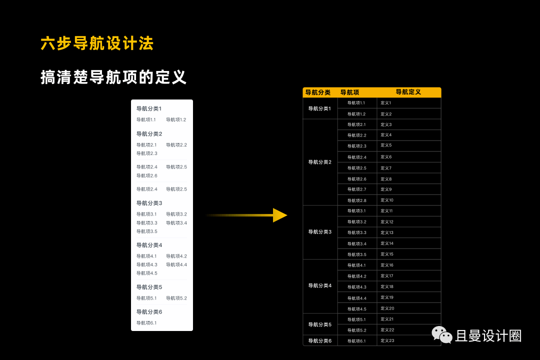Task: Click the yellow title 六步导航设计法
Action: (97, 43)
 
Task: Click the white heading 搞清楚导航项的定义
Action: (113, 77)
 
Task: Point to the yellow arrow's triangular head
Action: (279, 215)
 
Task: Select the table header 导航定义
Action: (408, 92)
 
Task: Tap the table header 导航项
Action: (349, 92)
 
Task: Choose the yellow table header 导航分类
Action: (318, 92)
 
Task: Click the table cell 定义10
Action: (387, 200)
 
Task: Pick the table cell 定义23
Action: (387, 340)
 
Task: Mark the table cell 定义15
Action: (387, 254)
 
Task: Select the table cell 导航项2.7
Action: (356, 189)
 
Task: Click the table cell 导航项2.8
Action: (356, 200)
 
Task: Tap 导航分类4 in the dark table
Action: (320, 285)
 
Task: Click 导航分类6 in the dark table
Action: (320, 340)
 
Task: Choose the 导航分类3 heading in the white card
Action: (149, 203)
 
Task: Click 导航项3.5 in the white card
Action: (147, 231)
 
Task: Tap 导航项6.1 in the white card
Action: (146, 323)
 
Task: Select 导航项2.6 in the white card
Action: (147, 175)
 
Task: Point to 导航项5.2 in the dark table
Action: (356, 330)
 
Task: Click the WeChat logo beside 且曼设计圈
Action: (442, 335)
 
